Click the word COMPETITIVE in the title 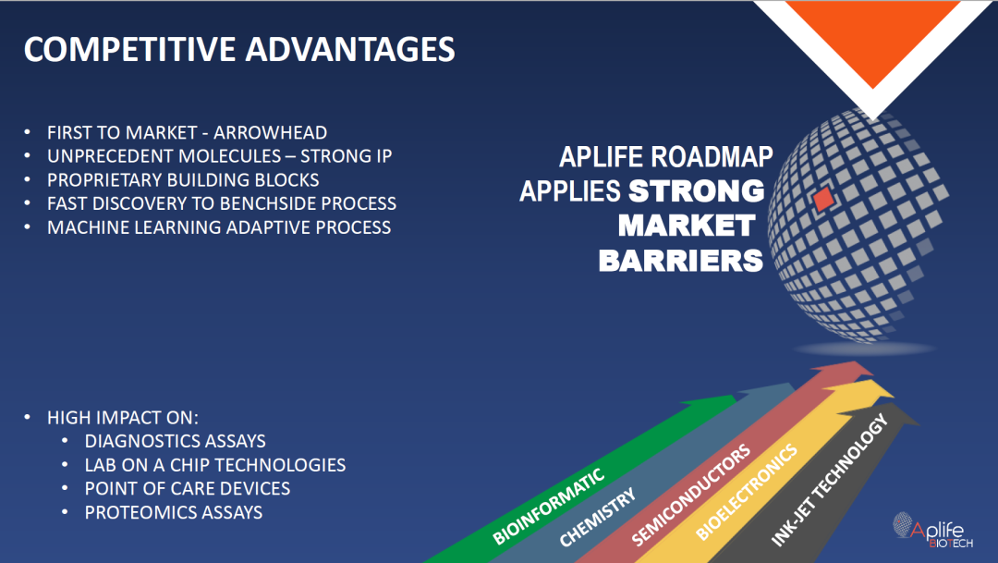click(129, 49)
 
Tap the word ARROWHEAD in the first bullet click(270, 132)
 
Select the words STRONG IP click(346, 156)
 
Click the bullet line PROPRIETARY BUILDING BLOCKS click(183, 179)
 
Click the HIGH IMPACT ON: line click(123, 418)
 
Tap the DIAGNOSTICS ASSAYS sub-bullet click(175, 441)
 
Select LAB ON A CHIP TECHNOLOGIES click(215, 465)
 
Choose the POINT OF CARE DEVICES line click(187, 488)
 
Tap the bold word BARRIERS click(680, 261)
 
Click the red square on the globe click(823, 199)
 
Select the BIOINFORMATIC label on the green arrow click(548, 507)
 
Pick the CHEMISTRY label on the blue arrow click(597, 517)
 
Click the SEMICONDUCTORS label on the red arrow click(690, 495)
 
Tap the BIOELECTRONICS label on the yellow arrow click(746, 493)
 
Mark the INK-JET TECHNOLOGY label click(829, 480)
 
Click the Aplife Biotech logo click(932, 530)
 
